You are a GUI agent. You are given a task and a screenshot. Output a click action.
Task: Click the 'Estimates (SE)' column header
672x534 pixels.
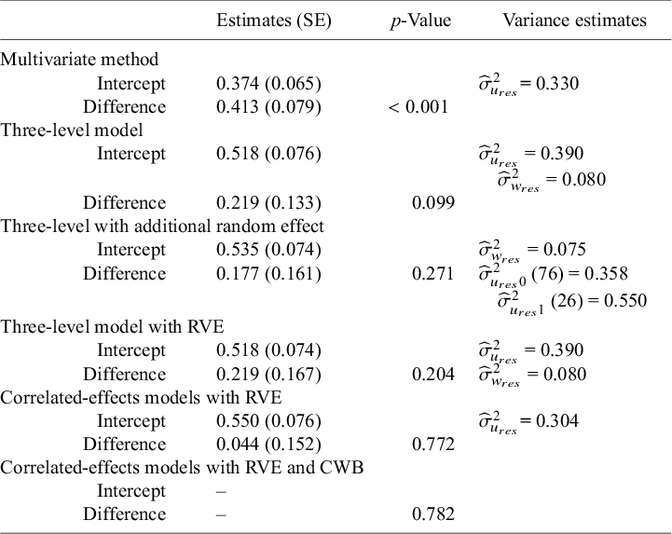tap(273, 21)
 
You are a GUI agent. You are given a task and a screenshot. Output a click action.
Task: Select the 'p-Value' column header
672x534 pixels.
tap(420, 21)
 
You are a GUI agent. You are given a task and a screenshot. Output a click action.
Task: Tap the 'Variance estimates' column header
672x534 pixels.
tap(574, 21)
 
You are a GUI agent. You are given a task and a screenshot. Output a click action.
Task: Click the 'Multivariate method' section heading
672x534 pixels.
tap(79, 59)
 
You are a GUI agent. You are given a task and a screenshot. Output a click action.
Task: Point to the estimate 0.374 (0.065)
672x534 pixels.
tap(268, 83)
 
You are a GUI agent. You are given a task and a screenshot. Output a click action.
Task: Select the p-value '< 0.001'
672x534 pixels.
tap(418, 107)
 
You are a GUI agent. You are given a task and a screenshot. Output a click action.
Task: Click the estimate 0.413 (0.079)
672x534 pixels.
tap(268, 107)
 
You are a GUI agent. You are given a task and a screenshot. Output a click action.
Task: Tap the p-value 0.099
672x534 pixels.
tap(432, 203)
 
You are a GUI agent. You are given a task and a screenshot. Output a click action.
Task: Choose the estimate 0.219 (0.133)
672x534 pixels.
tap(268, 203)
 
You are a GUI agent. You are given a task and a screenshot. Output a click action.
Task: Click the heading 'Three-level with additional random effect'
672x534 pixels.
tap(162, 226)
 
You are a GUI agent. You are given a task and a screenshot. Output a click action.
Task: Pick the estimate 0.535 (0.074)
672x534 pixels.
tap(268, 250)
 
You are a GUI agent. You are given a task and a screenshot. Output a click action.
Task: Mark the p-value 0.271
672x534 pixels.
tap(432, 273)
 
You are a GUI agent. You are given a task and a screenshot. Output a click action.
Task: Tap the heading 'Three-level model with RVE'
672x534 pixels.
tap(112, 327)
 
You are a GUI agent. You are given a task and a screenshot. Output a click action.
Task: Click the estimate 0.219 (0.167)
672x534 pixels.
tap(268, 374)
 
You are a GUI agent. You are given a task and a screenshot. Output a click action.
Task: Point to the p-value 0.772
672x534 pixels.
tap(432, 445)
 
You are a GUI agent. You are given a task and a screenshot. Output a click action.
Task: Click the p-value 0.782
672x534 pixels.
tap(432, 514)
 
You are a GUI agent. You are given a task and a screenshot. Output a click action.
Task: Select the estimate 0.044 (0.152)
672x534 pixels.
tap(268, 445)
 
